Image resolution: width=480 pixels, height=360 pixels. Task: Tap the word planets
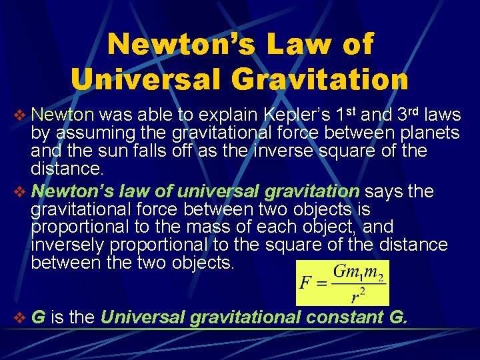[427, 133]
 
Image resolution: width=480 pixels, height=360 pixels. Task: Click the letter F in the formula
[305, 283]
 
